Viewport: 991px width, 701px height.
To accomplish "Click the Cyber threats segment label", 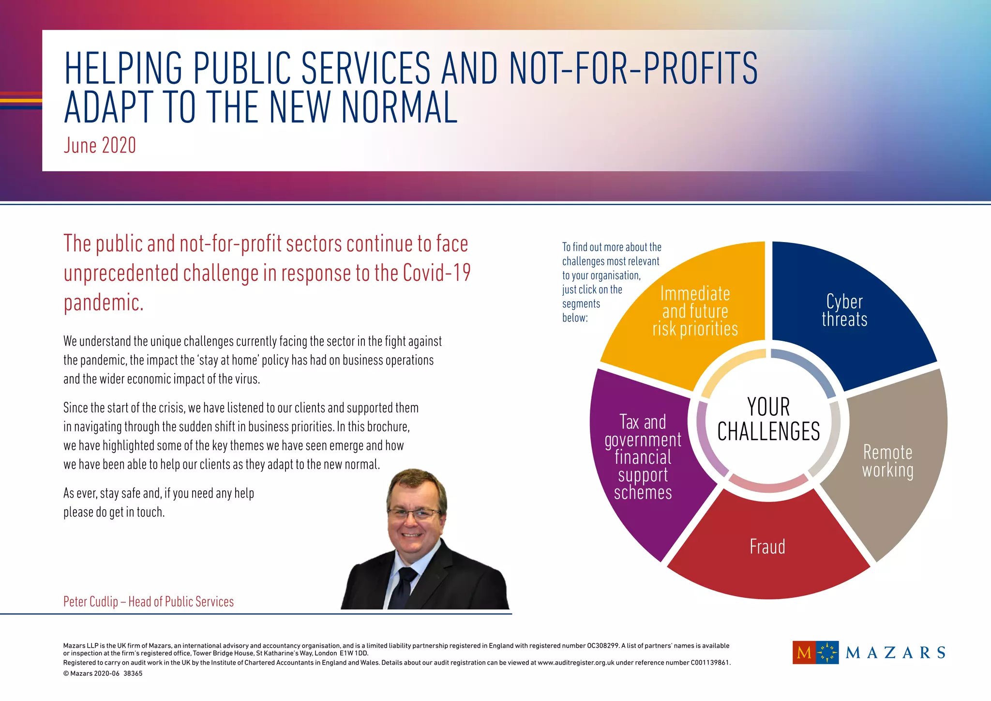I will (x=844, y=310).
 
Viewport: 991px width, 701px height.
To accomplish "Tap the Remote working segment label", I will (x=887, y=461).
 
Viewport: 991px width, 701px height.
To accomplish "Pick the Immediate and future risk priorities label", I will (x=695, y=311).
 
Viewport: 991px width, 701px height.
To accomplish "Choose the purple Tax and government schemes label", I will (x=643, y=457).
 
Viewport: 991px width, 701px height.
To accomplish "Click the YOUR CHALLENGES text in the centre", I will (x=768, y=419).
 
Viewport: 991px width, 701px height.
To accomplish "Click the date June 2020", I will (x=100, y=146).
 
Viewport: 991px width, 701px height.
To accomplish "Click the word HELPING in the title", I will (x=123, y=68).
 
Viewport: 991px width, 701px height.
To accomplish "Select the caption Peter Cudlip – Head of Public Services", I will (x=149, y=602).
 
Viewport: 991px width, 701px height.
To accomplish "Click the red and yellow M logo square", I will (x=804, y=653).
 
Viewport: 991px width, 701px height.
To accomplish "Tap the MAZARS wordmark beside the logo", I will (x=895, y=653).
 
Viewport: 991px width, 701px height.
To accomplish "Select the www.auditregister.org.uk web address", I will (x=575, y=663).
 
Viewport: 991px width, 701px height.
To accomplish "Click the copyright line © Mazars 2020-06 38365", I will (x=103, y=673).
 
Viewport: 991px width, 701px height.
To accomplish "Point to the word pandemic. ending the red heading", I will (x=104, y=303).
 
